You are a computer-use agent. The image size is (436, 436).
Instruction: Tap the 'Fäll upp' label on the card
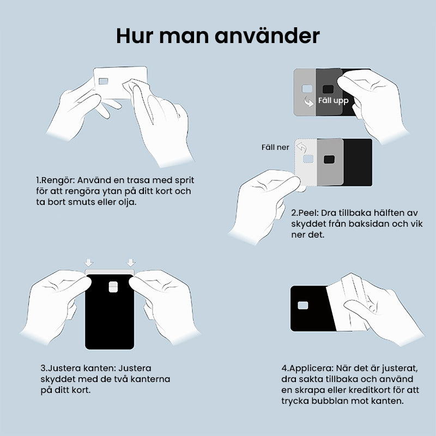pyautogui.click(x=333, y=101)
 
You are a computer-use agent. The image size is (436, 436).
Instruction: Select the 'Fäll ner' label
pyautogui.click(x=275, y=147)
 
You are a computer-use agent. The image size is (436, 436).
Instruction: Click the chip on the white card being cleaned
pyautogui.click(x=104, y=82)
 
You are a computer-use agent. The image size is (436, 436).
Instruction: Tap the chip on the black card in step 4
pyautogui.click(x=303, y=307)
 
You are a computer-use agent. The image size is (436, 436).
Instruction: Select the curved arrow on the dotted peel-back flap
pyautogui.click(x=301, y=147)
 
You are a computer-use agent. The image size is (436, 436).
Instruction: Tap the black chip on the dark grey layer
pyautogui.click(x=328, y=89)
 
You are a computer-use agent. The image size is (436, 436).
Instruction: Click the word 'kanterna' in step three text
pyautogui.click(x=152, y=379)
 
